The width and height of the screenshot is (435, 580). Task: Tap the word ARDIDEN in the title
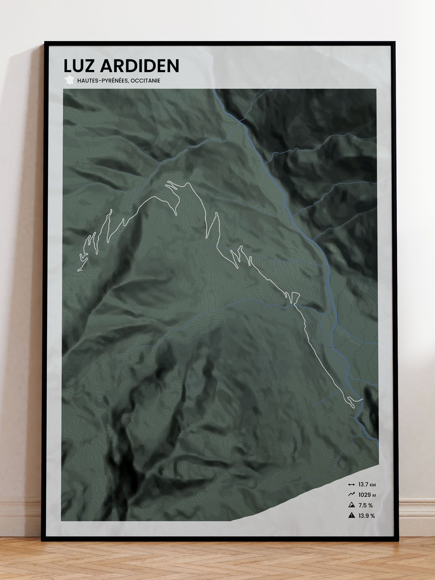(139, 66)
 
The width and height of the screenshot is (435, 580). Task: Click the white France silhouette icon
(69, 80)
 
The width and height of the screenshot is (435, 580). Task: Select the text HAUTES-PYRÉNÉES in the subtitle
(102, 81)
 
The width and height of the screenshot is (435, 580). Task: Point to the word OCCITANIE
(145, 81)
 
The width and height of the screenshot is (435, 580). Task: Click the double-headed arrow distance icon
(351, 485)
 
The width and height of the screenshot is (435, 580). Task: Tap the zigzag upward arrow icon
(351, 495)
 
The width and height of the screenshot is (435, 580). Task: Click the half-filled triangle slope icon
(351, 505)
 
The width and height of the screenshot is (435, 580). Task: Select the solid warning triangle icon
(351, 516)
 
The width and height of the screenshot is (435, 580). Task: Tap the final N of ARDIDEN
(173, 66)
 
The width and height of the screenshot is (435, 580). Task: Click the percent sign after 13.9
(372, 516)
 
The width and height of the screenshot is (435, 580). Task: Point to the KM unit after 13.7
(373, 485)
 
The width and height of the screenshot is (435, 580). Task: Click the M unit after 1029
(374, 495)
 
